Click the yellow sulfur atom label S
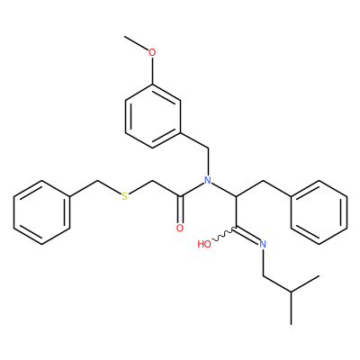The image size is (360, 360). pos(124,196)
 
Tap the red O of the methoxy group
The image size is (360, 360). pos(152,52)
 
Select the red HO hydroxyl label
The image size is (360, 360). pos(204,244)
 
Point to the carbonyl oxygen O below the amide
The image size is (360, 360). pos(180,228)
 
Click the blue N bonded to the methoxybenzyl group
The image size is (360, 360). pos(208,180)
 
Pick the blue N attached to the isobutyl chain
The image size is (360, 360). pos(263,244)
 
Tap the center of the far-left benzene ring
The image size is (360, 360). pos(41,212)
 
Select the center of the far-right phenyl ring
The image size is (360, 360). pos(319,212)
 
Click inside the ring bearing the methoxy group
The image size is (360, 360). pos(152,116)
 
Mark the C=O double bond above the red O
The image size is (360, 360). pos(180,210)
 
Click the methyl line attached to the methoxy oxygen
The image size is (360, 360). pos(137,43)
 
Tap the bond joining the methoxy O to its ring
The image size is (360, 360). pos(152,71)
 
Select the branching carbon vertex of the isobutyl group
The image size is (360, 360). pos(291,292)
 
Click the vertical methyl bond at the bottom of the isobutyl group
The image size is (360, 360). pos(291,308)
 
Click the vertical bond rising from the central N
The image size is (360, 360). pos(208,162)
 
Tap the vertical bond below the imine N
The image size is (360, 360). pos(263,262)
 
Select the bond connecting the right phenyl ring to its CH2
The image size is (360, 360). pos(277,188)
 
